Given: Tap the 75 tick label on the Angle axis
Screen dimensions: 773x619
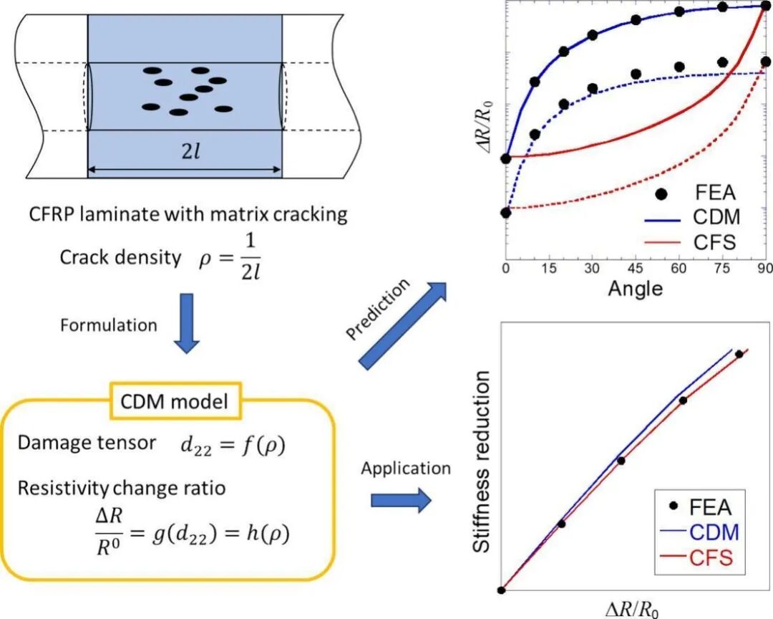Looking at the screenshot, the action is [722, 268].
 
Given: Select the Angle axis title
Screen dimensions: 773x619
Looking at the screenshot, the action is [636, 288].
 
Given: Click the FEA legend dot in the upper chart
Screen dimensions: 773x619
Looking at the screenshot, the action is [661, 193].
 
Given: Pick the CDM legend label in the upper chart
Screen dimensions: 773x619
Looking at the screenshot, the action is [716, 217].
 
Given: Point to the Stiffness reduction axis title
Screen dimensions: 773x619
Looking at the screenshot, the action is [482, 461].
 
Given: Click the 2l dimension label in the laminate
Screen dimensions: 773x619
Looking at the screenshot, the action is [191, 152].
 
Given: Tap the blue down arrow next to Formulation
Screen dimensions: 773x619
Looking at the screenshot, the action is [187, 323].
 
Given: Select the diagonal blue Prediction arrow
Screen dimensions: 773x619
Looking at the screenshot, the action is [402, 326].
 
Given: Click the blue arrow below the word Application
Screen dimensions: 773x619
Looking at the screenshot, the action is [401, 500].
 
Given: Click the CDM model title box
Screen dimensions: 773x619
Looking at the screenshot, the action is [174, 401].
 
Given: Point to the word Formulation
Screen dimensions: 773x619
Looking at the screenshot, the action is [109, 325].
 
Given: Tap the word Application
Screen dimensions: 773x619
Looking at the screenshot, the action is [406, 468].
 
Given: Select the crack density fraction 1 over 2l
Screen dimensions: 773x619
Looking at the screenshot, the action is [251, 256].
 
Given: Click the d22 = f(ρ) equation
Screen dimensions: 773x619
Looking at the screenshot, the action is [233, 446].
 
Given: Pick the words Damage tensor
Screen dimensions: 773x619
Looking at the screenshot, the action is [87, 443].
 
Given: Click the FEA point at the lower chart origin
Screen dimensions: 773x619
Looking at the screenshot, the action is [501, 590].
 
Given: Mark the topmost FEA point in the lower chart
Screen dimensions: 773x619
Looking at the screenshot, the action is [739, 354].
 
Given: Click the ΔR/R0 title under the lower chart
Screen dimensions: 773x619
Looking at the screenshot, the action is [631, 610].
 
